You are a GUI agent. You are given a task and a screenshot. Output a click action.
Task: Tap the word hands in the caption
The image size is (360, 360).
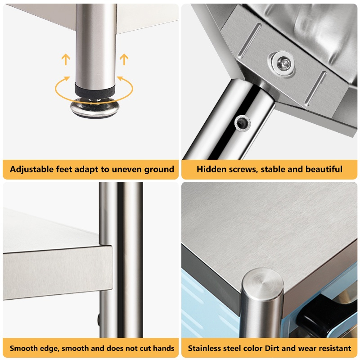coord(163,348)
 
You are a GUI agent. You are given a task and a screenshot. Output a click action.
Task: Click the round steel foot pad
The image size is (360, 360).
coord(95,108)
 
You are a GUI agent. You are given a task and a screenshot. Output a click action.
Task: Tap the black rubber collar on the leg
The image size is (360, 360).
coord(95,90)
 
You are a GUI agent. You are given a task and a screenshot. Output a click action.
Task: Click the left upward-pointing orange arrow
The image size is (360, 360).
coord(66,59)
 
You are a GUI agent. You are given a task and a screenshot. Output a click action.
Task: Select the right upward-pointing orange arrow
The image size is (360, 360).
coord(124,59)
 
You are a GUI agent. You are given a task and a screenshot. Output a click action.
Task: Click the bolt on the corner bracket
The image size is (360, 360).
coord(283,63)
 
